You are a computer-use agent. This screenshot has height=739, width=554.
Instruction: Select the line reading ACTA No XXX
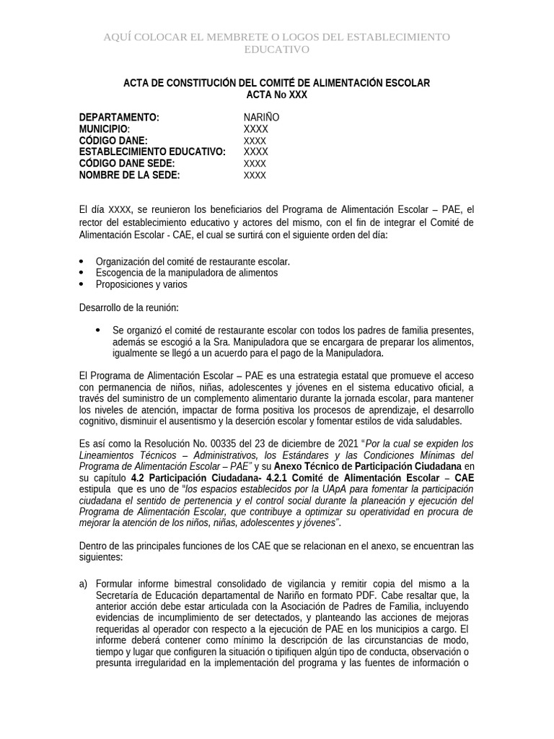coord(277,95)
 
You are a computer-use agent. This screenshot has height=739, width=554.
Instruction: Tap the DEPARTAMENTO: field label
coord(119,117)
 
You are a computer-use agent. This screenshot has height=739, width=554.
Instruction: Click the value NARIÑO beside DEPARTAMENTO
coord(261,117)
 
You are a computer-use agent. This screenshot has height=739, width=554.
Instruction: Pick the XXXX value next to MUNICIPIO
coord(255,128)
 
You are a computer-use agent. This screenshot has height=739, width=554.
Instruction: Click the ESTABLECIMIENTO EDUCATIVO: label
coord(152,152)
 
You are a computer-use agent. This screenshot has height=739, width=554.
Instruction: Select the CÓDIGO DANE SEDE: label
coord(127,163)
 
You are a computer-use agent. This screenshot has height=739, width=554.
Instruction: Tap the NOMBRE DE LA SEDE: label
coord(129,175)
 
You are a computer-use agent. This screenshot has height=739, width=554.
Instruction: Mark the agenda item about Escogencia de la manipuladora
coord(186,273)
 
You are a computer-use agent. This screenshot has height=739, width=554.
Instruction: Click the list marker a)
coord(84,583)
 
